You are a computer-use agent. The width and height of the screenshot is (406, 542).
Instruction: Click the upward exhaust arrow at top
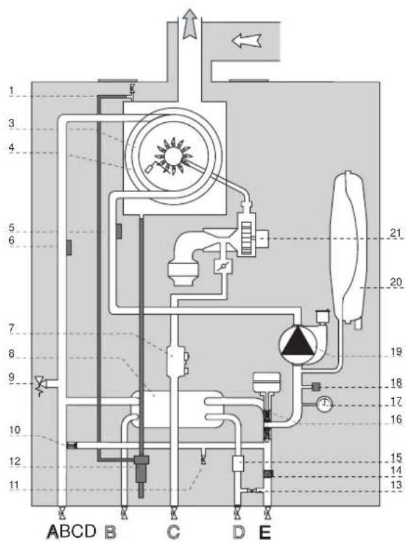[189, 23]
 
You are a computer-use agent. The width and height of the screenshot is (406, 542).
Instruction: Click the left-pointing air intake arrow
[246, 41]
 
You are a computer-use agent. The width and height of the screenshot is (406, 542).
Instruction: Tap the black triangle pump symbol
[298, 343]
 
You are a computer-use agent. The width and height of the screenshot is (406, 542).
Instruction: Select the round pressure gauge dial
[324, 404]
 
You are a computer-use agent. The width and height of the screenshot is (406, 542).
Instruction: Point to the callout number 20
[396, 282]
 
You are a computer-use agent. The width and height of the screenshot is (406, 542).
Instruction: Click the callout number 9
[11, 377]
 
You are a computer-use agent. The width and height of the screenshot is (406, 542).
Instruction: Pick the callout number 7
[11, 328]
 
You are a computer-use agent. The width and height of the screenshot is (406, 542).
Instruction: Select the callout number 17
[396, 402]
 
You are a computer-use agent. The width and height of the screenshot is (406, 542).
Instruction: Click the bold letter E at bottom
[265, 532]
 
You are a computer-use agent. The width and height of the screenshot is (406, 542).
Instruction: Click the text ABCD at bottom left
[72, 531]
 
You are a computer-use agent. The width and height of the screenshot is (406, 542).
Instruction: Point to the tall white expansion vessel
[349, 248]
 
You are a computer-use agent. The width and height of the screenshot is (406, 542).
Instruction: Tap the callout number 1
[11, 91]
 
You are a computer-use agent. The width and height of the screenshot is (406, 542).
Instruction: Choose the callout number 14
[396, 470]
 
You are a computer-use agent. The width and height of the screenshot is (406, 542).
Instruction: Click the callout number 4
[11, 147]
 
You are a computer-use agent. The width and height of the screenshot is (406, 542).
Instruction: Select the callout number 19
[396, 352]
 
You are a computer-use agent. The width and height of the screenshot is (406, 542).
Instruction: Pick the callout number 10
[15, 430]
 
